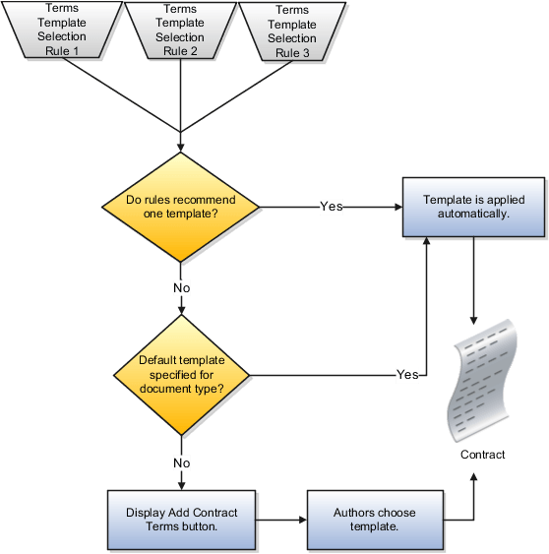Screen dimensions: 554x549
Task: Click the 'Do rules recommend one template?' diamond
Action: pos(181,208)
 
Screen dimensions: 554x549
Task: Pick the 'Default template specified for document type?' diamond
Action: pos(181,374)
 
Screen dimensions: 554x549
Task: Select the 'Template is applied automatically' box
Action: pos(473,207)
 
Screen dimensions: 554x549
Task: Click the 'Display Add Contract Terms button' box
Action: pos(180,520)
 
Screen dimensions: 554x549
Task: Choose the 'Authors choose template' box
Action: pos(374,520)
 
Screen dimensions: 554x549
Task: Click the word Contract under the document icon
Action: pos(482,455)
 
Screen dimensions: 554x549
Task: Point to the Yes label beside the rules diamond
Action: pos(332,207)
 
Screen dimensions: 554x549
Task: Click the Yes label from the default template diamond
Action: pos(407,375)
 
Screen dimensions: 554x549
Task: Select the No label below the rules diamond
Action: pos(181,288)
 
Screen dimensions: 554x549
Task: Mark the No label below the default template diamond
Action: pos(181,462)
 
